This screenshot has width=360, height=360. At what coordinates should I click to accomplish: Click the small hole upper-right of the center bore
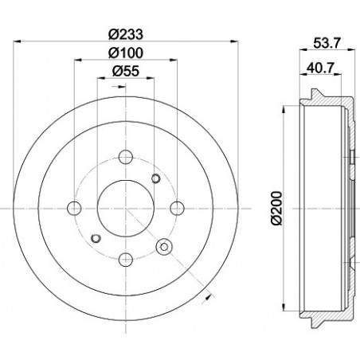pyautogui.click(x=155, y=178)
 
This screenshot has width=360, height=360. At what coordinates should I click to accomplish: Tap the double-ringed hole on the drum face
pyautogui.click(x=165, y=246)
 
